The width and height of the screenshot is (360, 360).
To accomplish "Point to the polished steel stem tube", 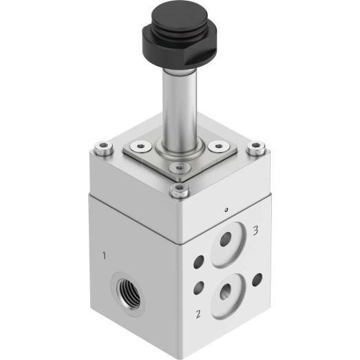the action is [x=179, y=105].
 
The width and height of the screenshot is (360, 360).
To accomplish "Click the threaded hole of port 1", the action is [x=128, y=294].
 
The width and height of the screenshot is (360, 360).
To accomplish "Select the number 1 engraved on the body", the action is [x=105, y=255].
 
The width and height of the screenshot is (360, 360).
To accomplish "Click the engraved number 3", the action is [x=255, y=231].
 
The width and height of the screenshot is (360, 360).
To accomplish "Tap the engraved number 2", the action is [x=198, y=314].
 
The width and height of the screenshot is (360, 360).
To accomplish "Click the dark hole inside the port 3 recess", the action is [x=226, y=239].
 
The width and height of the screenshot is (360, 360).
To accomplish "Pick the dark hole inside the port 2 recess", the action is [x=226, y=291].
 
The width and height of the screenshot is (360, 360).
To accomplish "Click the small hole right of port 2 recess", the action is [x=257, y=279].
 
